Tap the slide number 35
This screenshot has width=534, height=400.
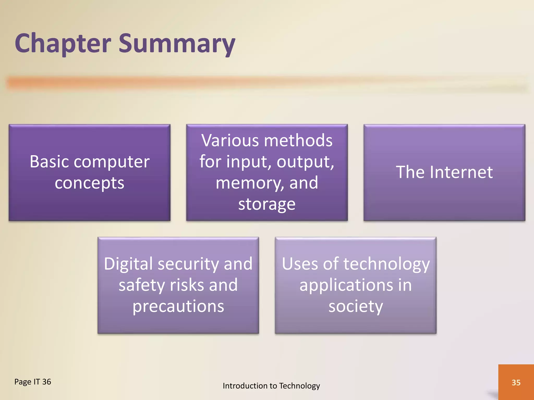tap(516, 383)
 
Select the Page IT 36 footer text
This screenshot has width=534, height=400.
tap(33, 382)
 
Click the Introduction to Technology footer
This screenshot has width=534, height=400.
tap(271, 386)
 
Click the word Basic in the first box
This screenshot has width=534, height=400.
tap(50, 162)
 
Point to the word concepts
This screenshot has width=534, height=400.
tap(89, 183)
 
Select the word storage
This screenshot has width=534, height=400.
tap(267, 204)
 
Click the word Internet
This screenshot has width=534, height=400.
tap(461, 172)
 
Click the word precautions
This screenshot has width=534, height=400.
tap(178, 306)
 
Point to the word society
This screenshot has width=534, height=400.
tap(356, 306)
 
